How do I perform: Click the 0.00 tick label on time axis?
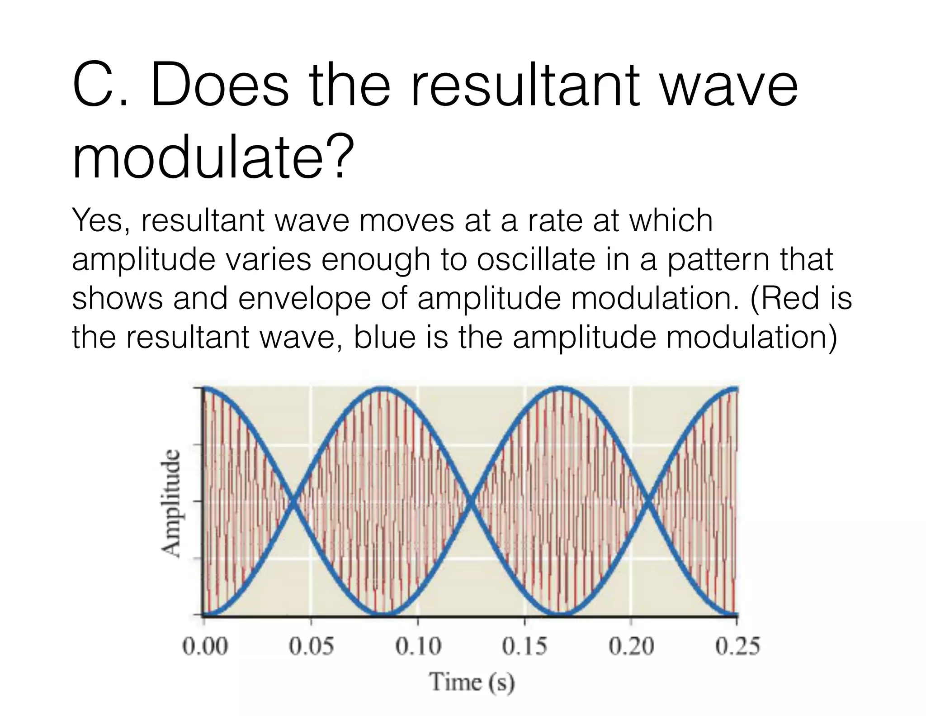click(x=205, y=646)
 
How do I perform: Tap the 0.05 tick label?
click(x=312, y=646)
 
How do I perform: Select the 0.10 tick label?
click(x=418, y=646)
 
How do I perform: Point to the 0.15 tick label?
click(x=525, y=646)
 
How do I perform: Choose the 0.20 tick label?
click(x=632, y=646)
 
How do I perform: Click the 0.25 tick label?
click(x=737, y=646)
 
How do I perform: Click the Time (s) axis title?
click(x=472, y=682)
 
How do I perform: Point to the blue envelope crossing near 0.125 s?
click(x=471, y=502)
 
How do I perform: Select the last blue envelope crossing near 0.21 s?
click(x=648, y=502)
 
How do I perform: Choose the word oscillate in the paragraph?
click(x=535, y=260)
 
